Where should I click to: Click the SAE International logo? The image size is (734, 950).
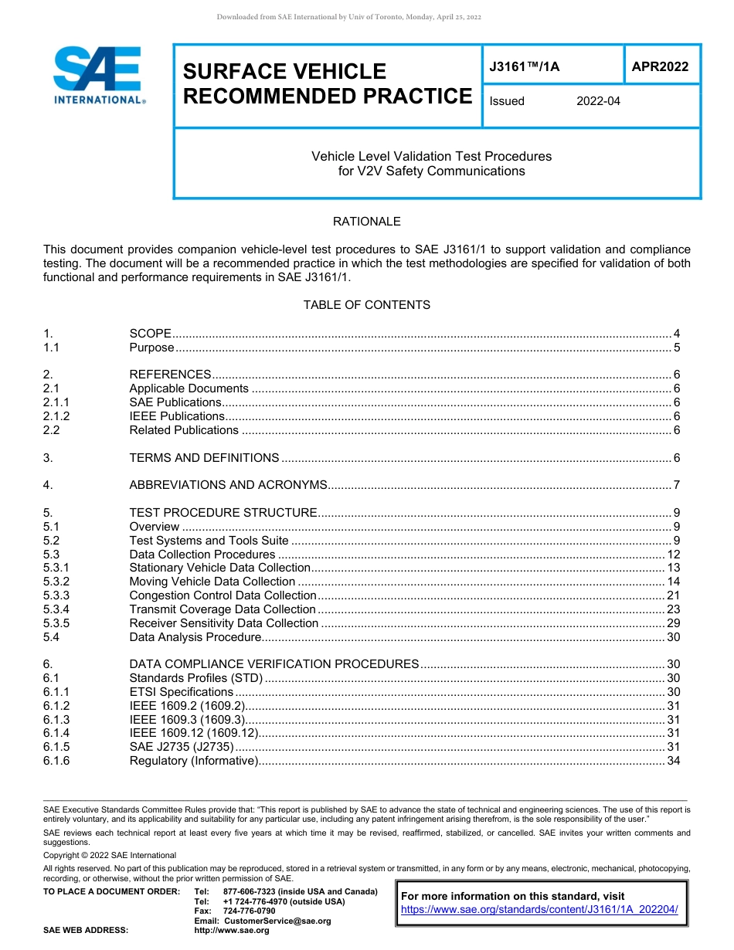(x=99, y=75)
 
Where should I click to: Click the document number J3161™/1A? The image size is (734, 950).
(x=524, y=67)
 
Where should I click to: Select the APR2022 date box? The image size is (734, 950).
(x=660, y=66)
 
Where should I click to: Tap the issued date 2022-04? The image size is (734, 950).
(x=598, y=101)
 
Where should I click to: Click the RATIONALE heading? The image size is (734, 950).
(x=366, y=222)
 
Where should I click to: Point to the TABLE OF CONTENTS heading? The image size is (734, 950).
(x=366, y=305)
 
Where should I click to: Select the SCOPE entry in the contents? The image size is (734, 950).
(x=151, y=334)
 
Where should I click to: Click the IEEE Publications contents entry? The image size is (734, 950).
(x=177, y=416)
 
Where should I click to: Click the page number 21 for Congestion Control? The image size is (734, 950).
(x=673, y=595)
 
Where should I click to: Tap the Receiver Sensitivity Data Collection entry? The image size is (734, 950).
(x=224, y=623)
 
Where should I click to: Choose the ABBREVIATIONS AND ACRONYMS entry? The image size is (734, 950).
(x=229, y=485)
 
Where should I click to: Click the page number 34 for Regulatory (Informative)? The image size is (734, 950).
(x=673, y=762)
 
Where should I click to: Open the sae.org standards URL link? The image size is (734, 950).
(x=539, y=910)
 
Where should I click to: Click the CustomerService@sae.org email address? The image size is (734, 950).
(x=277, y=921)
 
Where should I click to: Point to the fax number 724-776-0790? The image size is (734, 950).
(x=249, y=911)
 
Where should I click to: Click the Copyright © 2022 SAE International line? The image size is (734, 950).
(x=110, y=855)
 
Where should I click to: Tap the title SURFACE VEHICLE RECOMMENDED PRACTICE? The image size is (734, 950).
(x=327, y=83)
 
